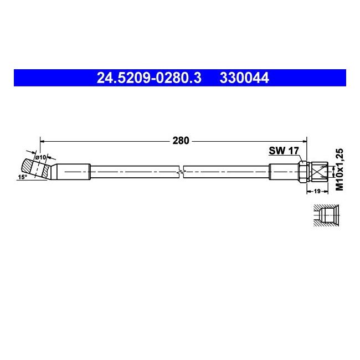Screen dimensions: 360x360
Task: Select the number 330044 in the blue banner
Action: pos(244,79)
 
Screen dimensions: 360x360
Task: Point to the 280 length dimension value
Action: pos(181,141)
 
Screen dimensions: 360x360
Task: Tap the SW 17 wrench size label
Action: pos(284,150)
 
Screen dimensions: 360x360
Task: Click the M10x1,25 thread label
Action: pos(340,169)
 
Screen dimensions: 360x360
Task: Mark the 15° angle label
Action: pos(22,177)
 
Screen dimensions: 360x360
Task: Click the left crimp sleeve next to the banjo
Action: pos(74,172)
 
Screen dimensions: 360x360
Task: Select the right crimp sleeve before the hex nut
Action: pos(284,172)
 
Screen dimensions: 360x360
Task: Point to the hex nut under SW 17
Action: pos(304,171)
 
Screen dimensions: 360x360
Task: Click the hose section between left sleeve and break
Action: pos(133,172)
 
